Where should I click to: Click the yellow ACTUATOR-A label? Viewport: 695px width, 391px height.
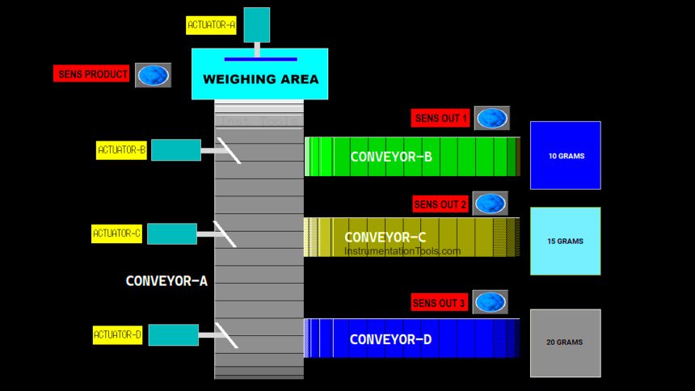tap(211, 25)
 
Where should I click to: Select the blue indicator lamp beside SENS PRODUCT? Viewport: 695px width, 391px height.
tap(153, 75)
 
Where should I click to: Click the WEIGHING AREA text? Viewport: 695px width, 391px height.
tap(260, 80)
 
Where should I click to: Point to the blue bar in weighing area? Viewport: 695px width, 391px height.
tap(260, 59)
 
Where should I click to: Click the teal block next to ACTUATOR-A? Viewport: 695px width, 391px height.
tap(257, 24)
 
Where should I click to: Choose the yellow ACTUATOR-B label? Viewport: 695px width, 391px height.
tap(121, 149)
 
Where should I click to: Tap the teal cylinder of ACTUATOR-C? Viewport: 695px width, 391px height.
tap(172, 233)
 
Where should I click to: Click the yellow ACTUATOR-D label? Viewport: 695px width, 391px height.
tap(117, 334)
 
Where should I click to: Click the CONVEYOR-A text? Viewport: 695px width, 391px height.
tap(166, 281)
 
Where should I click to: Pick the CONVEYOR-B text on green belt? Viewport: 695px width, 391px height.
tap(391, 157)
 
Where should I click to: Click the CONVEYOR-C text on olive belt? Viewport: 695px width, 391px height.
tap(385, 238)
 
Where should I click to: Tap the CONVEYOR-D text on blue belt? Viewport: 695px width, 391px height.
tap(390, 339)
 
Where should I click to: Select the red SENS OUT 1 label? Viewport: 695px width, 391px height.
tap(440, 118)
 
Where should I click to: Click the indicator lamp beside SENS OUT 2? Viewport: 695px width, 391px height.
tap(490, 204)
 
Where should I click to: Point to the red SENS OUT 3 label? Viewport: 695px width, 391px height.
tap(440, 303)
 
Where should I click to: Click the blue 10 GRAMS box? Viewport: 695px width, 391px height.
tap(565, 155)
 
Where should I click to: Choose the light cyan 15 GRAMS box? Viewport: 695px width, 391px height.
tap(565, 241)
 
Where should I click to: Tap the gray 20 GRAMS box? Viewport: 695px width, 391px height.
tap(565, 343)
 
